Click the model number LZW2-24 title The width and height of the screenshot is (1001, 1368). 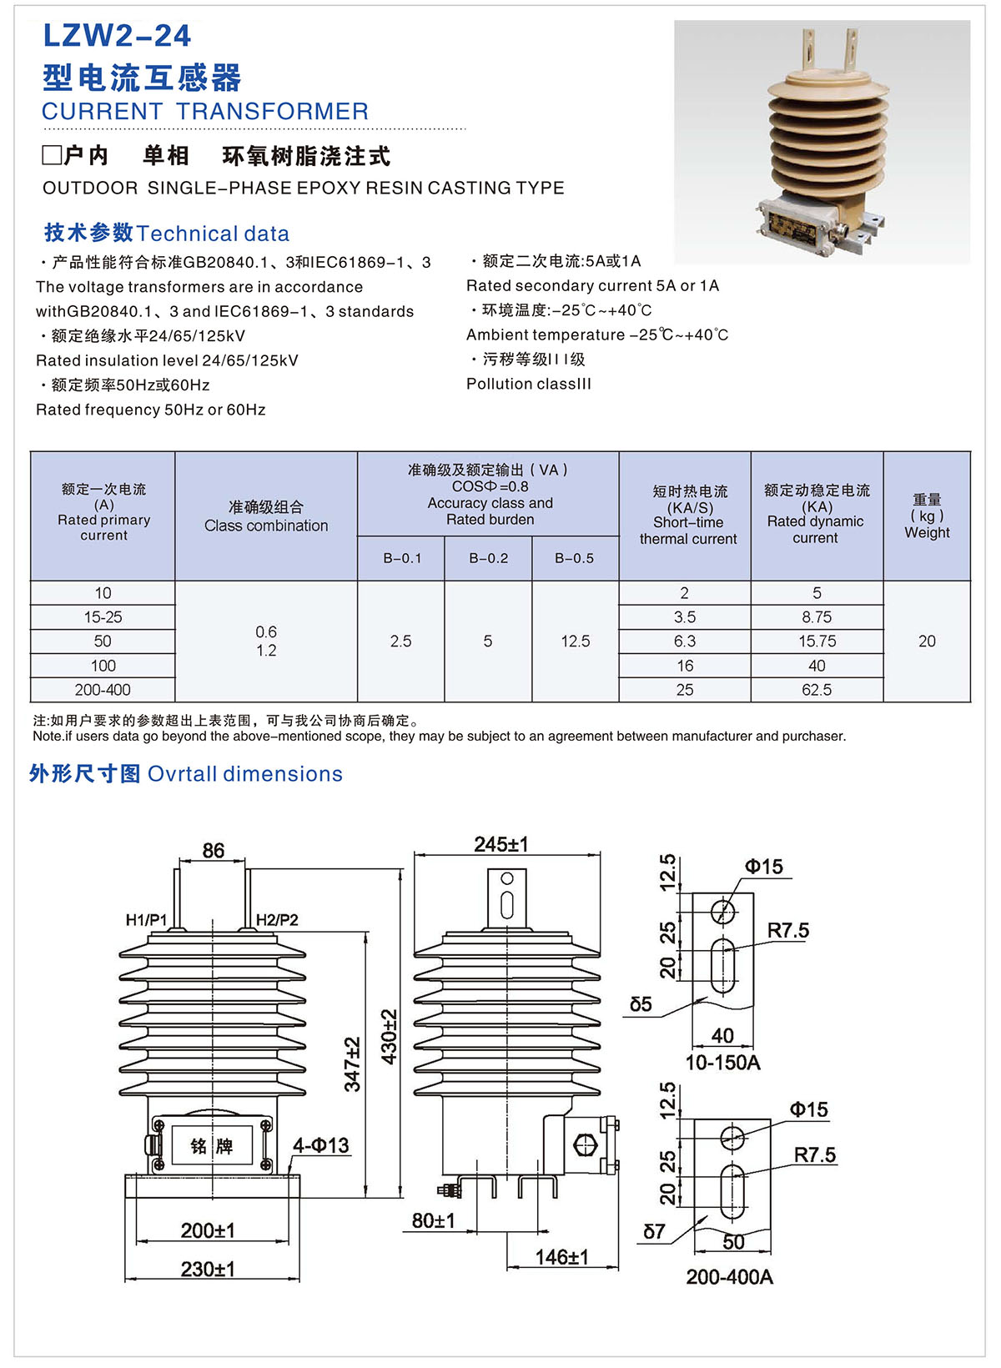coord(117,36)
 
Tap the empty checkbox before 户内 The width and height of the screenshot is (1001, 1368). coord(53,156)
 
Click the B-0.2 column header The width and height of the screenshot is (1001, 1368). coord(488,558)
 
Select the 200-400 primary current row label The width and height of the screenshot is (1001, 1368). coord(103,690)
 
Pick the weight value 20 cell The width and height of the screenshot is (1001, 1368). coord(927,641)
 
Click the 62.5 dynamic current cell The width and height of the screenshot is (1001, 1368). coord(817,690)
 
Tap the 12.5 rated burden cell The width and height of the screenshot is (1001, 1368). coord(575,641)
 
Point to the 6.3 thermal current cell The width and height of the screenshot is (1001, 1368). coord(684,641)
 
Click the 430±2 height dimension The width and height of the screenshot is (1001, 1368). coord(390,1036)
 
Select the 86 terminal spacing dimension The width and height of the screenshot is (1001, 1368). coord(213,850)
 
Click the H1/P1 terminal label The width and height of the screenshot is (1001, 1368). coord(146,920)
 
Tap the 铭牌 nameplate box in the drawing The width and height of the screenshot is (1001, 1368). coord(211,1146)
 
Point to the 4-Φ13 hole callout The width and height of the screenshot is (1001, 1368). coord(320,1145)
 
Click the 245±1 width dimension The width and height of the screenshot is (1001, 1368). coord(500,844)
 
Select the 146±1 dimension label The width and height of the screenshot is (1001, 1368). coord(561,1257)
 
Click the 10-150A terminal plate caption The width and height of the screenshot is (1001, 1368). coord(722,1063)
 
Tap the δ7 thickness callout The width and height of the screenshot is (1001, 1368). coord(654,1231)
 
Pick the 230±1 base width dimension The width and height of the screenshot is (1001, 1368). coord(208,1269)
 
